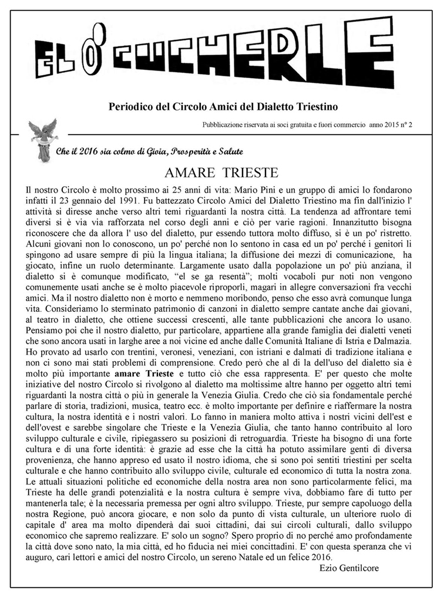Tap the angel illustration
click(x=43, y=139)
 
